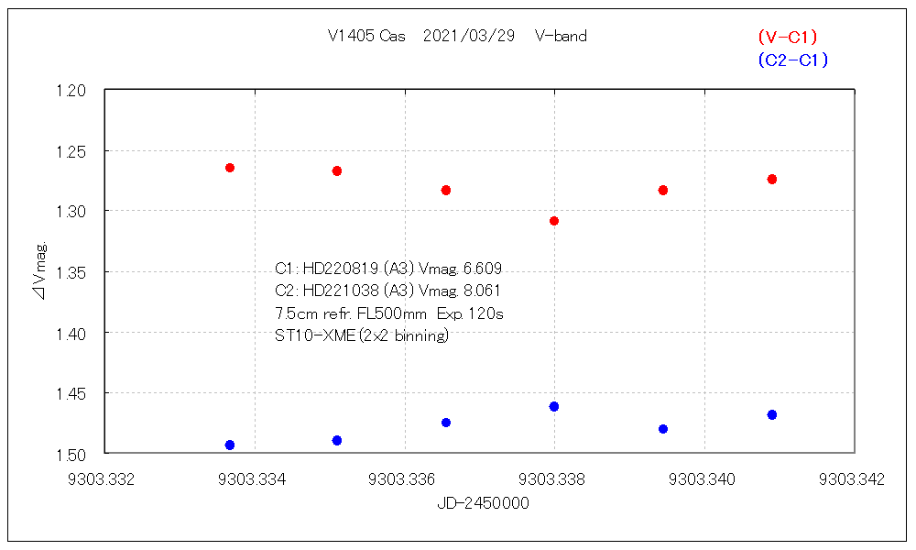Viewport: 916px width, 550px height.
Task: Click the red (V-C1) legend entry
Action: coord(787,38)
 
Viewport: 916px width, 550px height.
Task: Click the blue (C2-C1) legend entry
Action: coord(792,60)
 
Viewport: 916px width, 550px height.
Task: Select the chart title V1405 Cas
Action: coord(366,37)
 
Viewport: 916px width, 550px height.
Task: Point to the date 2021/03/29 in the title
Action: coord(469,37)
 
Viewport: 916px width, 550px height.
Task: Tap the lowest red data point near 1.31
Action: coord(554,221)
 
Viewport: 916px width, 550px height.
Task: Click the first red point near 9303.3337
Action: coord(230,168)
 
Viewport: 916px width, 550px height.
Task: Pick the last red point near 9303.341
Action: coord(772,179)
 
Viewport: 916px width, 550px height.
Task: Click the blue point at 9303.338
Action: coord(554,406)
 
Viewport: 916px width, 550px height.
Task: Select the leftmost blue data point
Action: coord(230,445)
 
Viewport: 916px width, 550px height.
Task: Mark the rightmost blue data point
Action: coord(772,414)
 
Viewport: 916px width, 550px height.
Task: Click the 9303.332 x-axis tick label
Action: coord(105,478)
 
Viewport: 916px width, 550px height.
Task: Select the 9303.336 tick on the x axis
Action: coord(404,478)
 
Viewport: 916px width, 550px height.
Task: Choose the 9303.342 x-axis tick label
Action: coord(852,478)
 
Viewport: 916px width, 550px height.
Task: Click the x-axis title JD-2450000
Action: coord(482,503)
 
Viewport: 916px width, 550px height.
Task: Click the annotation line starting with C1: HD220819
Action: coord(388,269)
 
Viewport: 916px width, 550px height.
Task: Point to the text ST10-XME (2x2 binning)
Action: coord(362,335)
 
